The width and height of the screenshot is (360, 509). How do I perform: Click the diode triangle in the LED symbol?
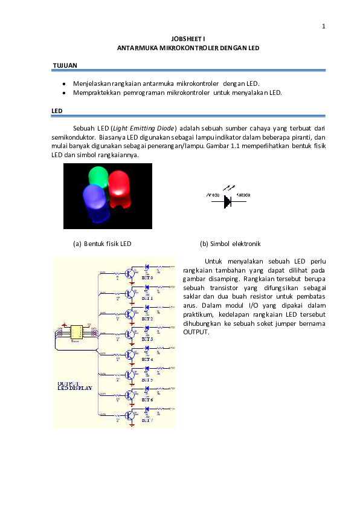tap(227, 201)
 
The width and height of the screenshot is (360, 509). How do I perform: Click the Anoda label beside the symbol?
tap(213, 195)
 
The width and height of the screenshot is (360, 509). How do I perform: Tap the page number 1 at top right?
tap(323, 26)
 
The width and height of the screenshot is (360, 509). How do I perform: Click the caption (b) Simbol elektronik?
tap(230, 244)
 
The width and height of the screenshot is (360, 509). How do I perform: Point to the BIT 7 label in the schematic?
tap(147, 420)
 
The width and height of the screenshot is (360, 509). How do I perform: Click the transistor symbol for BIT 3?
tap(129, 334)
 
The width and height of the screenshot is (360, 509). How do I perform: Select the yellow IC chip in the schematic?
tap(77, 332)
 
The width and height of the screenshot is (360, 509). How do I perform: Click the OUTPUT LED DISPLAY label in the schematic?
tap(75, 386)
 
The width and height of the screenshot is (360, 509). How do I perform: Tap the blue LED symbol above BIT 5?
tap(147, 368)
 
